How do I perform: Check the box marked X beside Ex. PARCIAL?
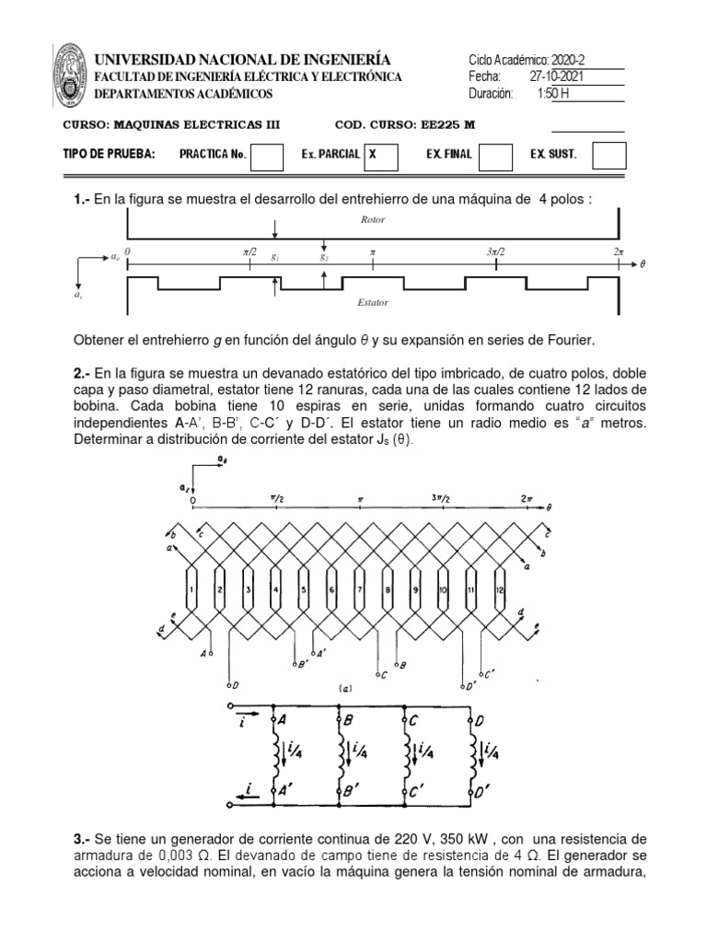(x=380, y=156)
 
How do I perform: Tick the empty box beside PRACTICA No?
(x=267, y=156)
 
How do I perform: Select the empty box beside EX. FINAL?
(x=496, y=156)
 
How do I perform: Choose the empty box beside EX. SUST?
(x=608, y=156)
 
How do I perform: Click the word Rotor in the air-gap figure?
(x=374, y=221)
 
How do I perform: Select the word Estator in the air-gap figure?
(x=372, y=300)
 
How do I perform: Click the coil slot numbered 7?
(x=360, y=588)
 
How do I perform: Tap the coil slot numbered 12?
(x=500, y=588)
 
